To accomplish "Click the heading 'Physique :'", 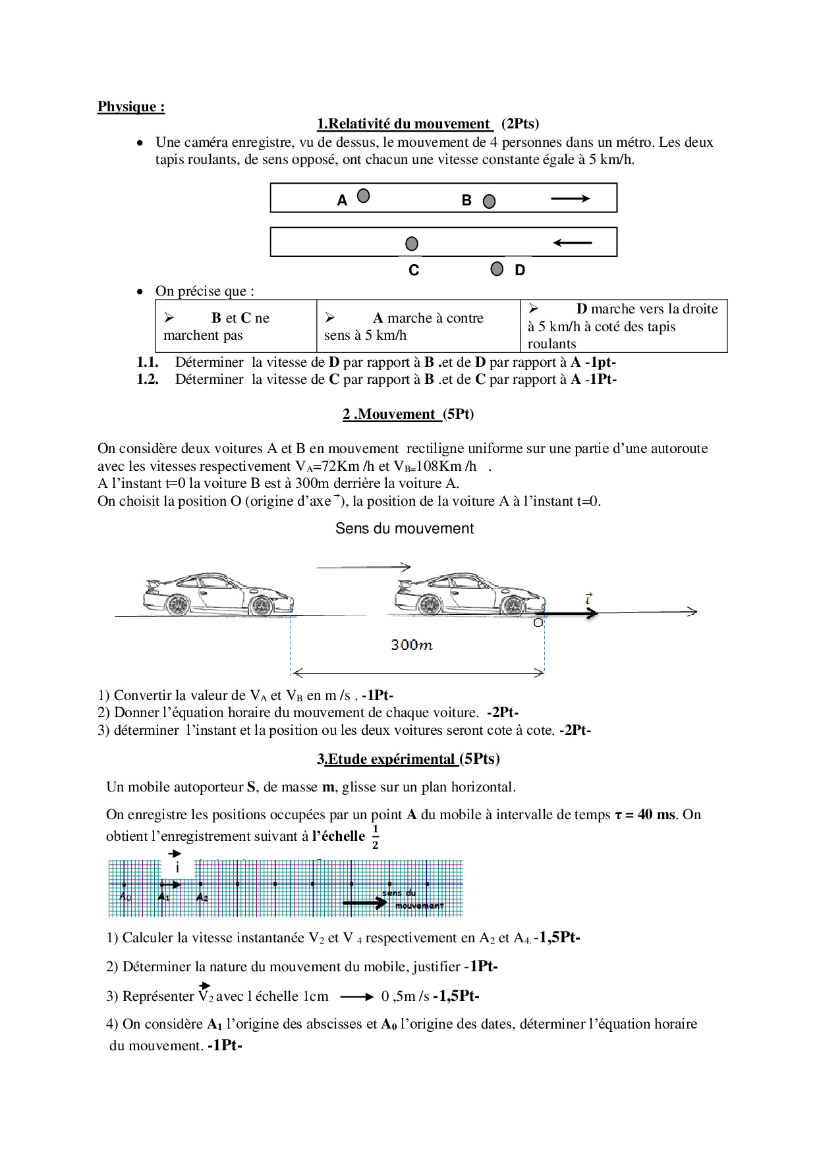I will [x=131, y=107].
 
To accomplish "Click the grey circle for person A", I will [x=363, y=196].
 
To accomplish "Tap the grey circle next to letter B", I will [x=489, y=201].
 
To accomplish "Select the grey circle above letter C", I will [x=412, y=244].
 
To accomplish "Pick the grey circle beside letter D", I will [x=497, y=269].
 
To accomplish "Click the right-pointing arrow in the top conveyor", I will [x=570, y=198].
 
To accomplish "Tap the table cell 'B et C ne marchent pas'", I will [x=236, y=327].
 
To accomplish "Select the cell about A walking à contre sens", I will [x=418, y=327].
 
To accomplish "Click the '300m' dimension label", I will [x=412, y=645].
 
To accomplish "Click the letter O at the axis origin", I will [x=538, y=623].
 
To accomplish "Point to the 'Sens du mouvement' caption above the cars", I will [x=405, y=529].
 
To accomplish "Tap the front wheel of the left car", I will [x=261, y=605].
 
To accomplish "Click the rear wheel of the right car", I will [x=430, y=604].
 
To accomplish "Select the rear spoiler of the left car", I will [x=152, y=583].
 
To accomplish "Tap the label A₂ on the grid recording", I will [x=202, y=898].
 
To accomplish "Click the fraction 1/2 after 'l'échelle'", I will [x=375, y=837].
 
